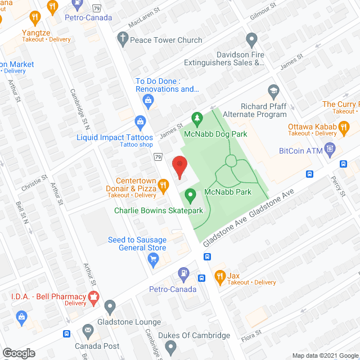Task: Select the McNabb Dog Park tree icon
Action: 197,118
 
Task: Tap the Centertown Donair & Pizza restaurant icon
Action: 163,184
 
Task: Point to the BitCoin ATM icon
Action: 330,151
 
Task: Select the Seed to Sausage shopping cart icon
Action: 152,259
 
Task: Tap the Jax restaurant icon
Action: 219,276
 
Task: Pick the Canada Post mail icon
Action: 88,330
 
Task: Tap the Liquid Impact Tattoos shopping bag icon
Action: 140,121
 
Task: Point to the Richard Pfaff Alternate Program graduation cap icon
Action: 273,90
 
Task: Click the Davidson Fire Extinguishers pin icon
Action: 252,39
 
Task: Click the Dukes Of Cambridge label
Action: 195,336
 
